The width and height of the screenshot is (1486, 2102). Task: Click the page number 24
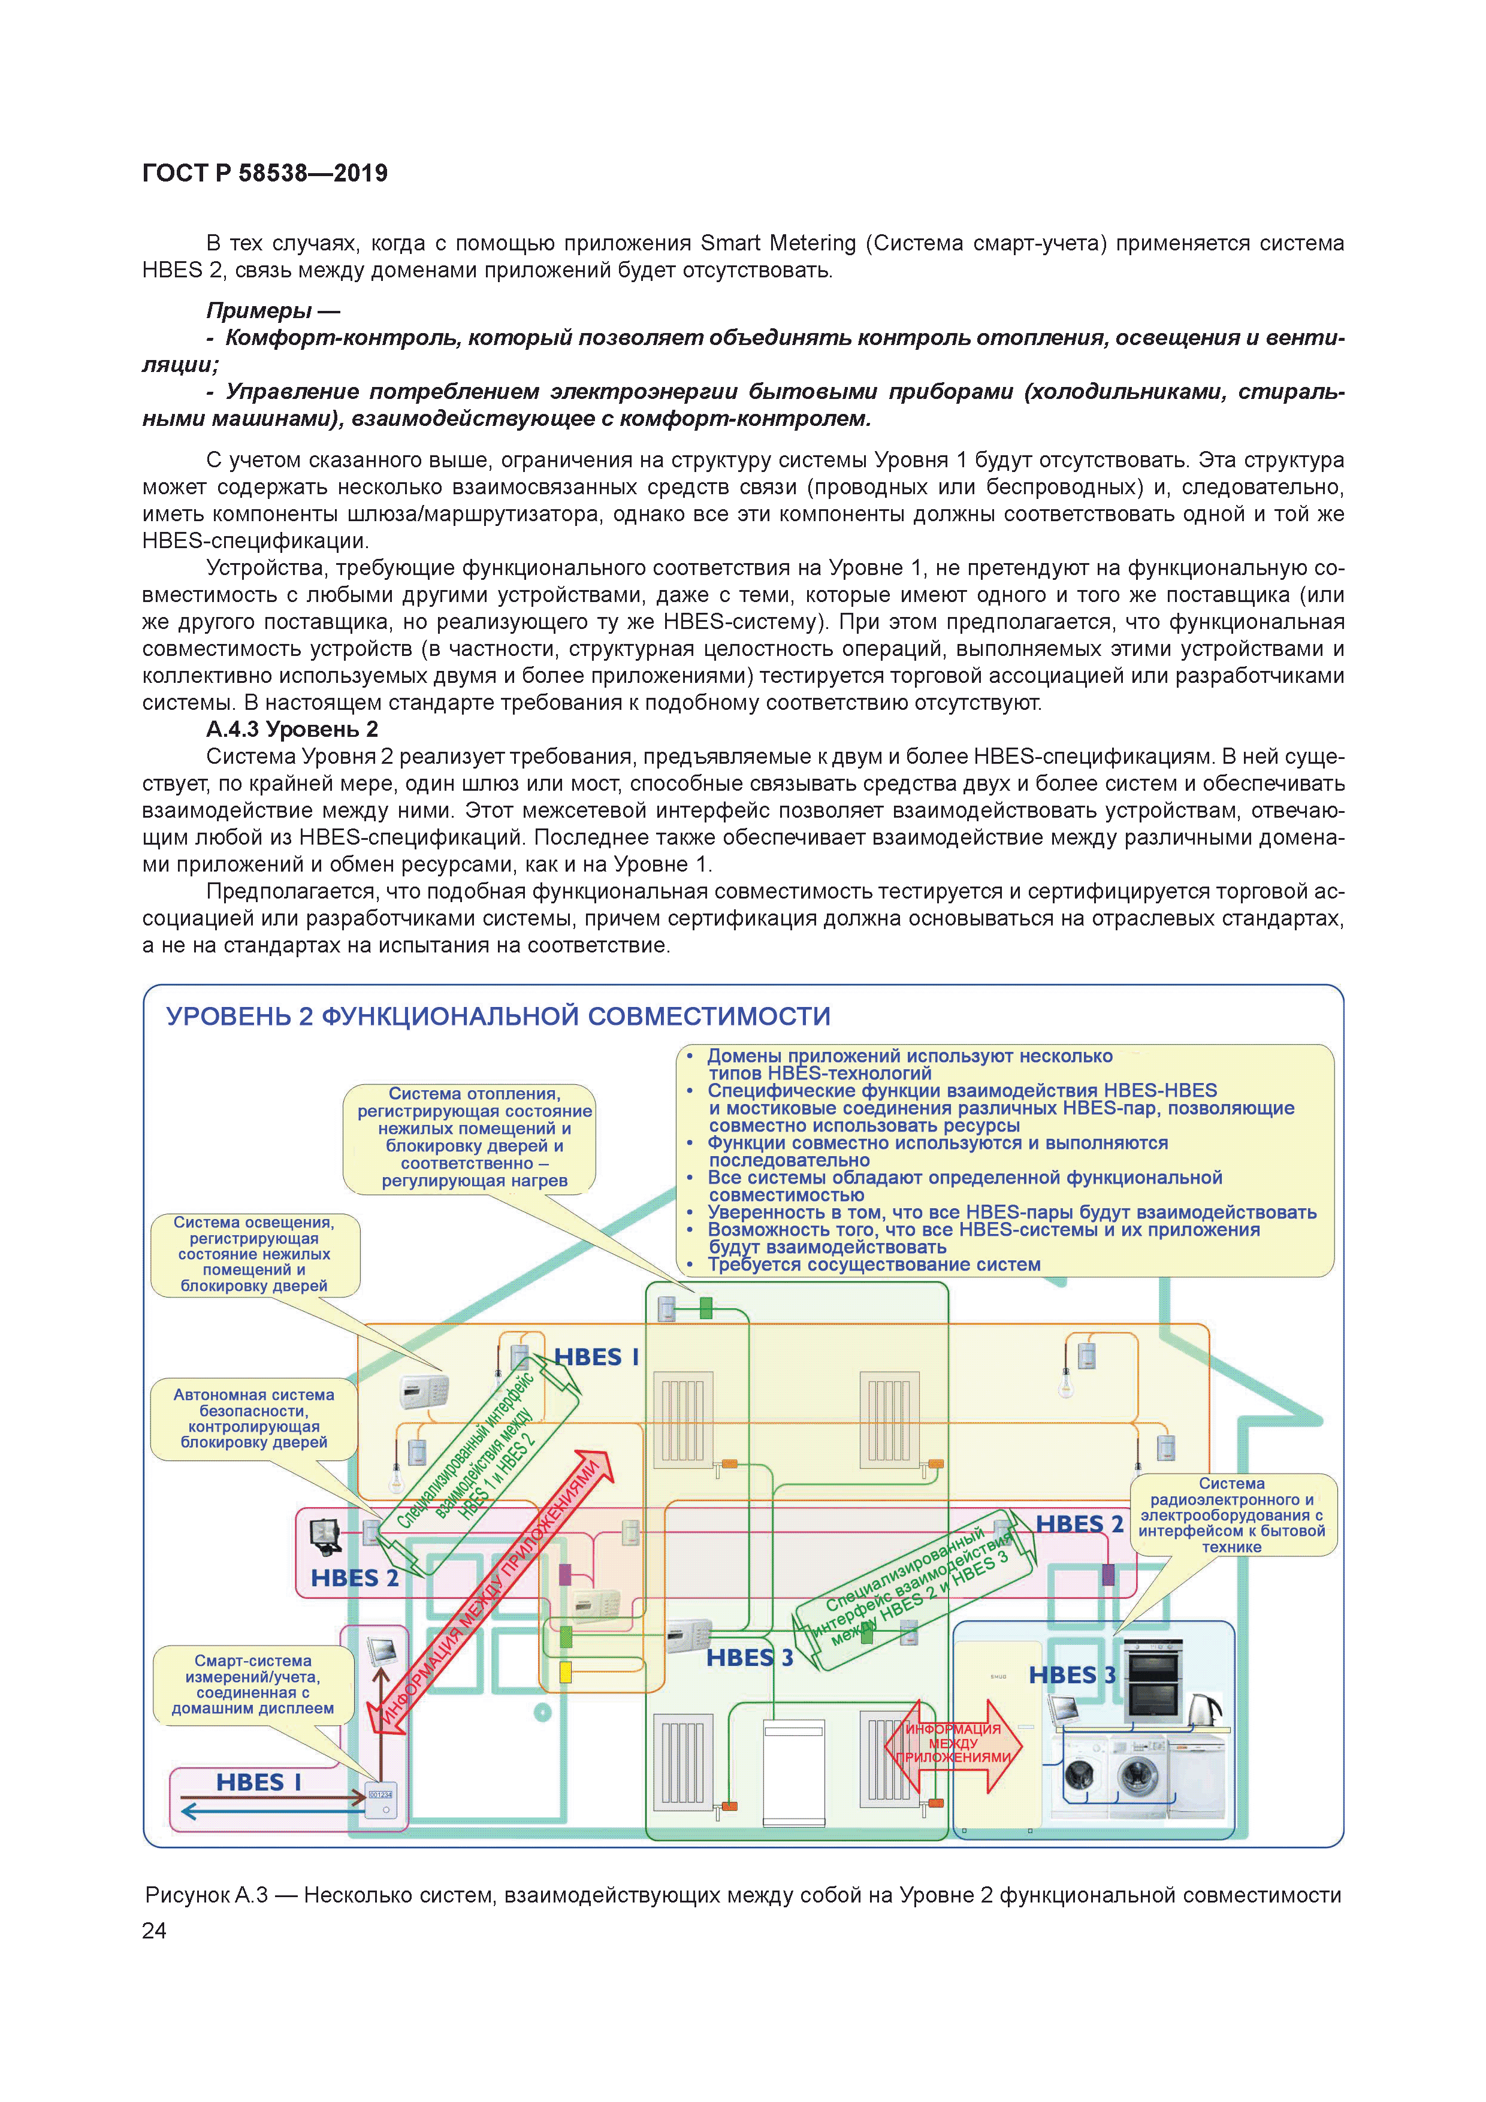click(154, 1930)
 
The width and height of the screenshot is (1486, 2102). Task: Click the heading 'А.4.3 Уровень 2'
click(291, 729)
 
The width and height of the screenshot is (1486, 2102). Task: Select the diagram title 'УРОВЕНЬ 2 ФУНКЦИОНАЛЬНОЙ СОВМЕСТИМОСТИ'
click(498, 1016)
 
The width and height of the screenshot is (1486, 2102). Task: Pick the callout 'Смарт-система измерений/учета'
click(253, 1684)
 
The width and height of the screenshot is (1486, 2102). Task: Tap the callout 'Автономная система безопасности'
click(253, 1418)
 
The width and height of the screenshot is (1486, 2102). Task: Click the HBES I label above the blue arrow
click(258, 1782)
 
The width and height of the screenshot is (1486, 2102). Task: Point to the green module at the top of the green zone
click(705, 1307)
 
